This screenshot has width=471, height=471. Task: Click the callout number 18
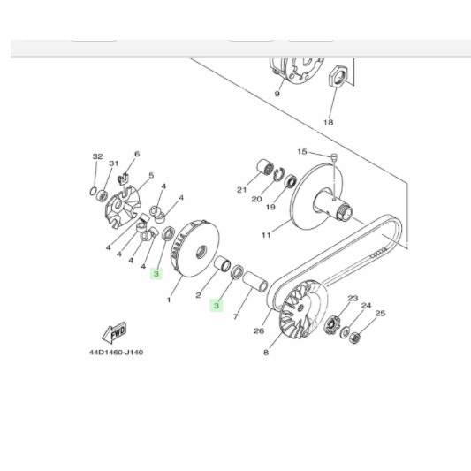pos(328,122)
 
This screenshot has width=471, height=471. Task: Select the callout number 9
pos(276,93)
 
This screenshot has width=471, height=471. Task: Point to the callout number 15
pos(302,151)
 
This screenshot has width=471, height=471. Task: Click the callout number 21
pos(239,189)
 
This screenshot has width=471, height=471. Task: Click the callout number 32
pos(97,156)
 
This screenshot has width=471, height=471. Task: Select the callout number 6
pos(137,154)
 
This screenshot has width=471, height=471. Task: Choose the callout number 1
pos(169,300)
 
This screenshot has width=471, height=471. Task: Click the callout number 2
pos(200,296)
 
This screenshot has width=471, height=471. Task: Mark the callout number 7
pos(236,315)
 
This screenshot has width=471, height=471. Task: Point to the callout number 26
pos(259,332)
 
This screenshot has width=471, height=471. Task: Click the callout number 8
pos(265,353)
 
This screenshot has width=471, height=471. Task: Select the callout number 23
pos(352,299)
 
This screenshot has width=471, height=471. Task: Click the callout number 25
pos(381,313)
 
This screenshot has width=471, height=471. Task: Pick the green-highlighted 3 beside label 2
pos(216,306)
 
